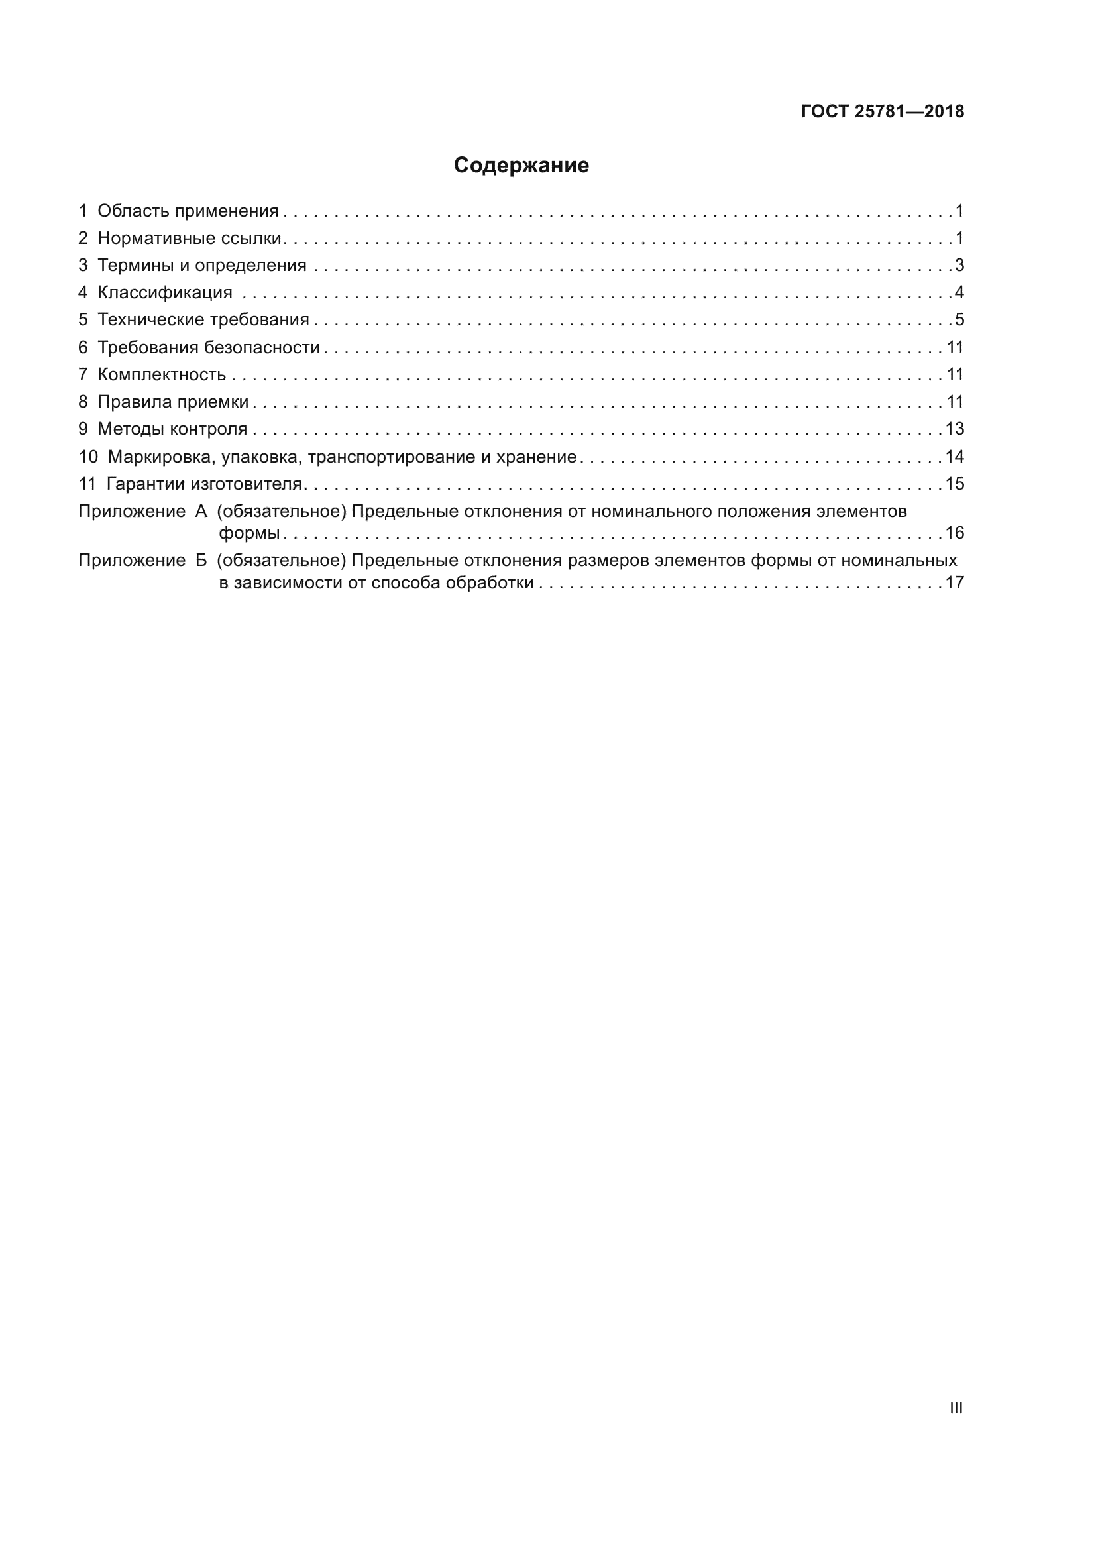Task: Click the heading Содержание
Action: [520, 166]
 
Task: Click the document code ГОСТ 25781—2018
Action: [882, 111]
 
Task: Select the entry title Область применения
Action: [188, 211]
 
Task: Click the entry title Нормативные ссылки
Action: [189, 239]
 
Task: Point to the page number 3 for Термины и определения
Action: [959, 265]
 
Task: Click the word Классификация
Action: [165, 293]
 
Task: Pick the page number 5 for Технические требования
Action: [959, 320]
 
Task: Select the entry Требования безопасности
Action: [209, 348]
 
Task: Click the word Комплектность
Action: [161, 374]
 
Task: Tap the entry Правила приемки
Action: [173, 402]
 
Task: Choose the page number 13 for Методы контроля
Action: [954, 429]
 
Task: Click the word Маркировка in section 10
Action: [160, 457]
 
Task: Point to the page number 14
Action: [954, 457]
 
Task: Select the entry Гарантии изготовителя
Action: [204, 484]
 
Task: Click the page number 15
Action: [954, 484]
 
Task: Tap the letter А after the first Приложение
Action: [201, 512]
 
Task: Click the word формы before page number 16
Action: [249, 533]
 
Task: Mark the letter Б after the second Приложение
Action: [201, 561]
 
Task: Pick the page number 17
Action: [954, 582]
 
